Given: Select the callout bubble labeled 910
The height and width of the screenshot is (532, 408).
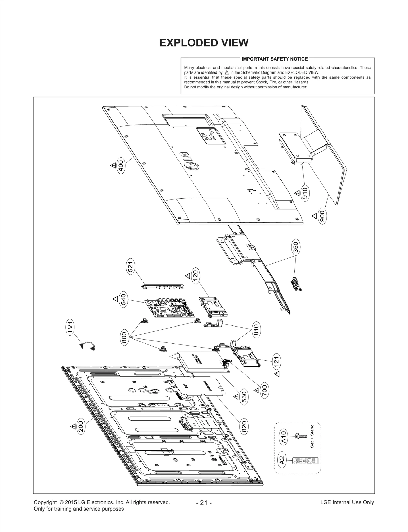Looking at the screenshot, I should pos(305,193).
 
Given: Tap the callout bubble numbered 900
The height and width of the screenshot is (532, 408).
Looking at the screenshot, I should pos(322,216).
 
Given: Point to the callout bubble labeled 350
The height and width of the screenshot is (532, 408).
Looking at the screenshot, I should pos(296,247).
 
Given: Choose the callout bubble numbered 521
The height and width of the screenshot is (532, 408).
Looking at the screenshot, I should pos(131,267).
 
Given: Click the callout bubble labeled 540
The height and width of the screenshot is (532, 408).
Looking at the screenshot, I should pos(123,299).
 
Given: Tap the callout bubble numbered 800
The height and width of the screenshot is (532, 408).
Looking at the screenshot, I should pos(124,338).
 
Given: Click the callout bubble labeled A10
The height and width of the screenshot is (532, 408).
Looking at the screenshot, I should pos(284,437).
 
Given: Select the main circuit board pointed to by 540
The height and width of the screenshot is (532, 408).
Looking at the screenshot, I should pos(169,308).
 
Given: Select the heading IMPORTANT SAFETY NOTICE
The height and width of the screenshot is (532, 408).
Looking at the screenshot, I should pos(274,59).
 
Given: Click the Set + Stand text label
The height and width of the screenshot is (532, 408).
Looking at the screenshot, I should pos(312,436).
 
